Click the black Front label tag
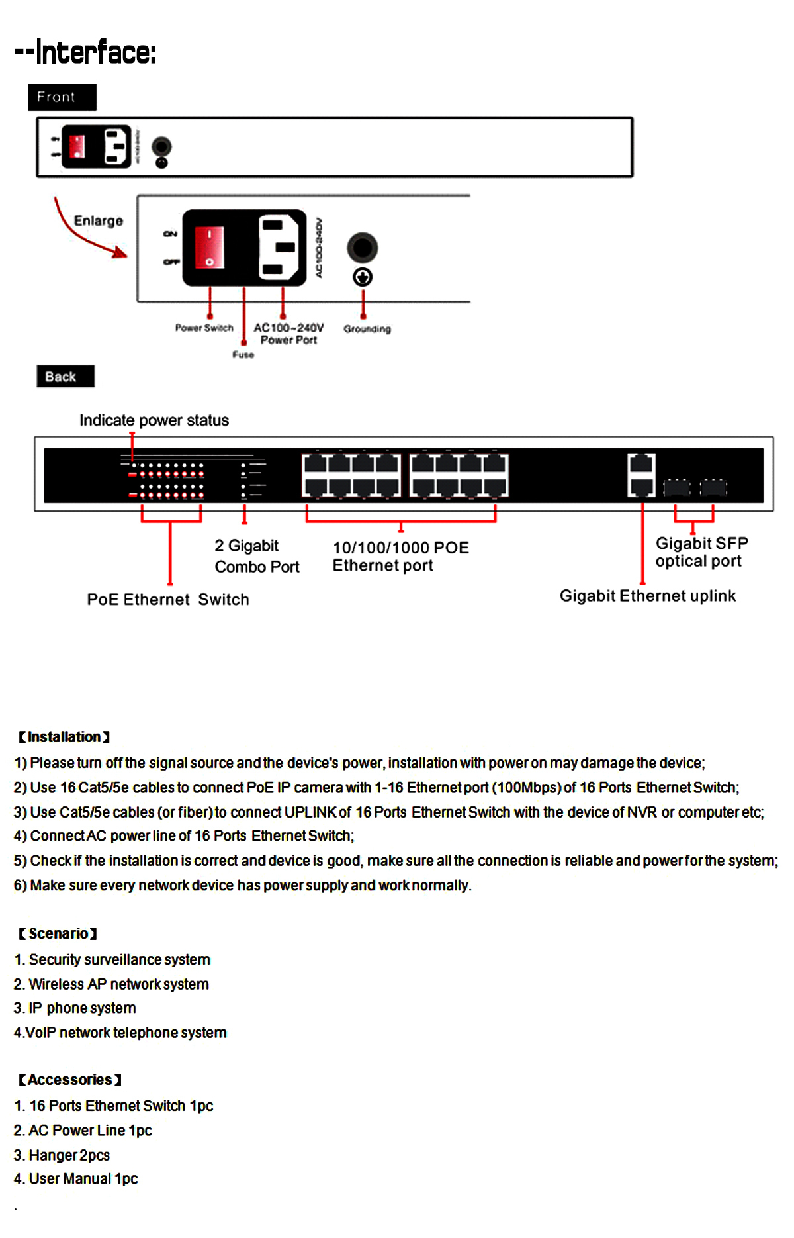[x=62, y=97]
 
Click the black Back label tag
[x=65, y=377]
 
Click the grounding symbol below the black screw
[x=363, y=277]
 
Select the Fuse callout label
[x=243, y=355]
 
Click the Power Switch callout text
[x=204, y=328]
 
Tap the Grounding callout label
[x=367, y=329]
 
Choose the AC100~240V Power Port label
[x=288, y=334]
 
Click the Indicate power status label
[x=154, y=420]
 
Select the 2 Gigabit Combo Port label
[x=257, y=556]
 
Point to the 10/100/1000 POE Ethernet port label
[x=400, y=556]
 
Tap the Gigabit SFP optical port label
[x=701, y=552]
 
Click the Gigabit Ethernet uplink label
[x=647, y=596]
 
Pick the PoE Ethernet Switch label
[x=168, y=600]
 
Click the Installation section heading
[x=64, y=737]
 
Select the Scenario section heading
[x=58, y=933]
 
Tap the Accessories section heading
[x=69, y=1080]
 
